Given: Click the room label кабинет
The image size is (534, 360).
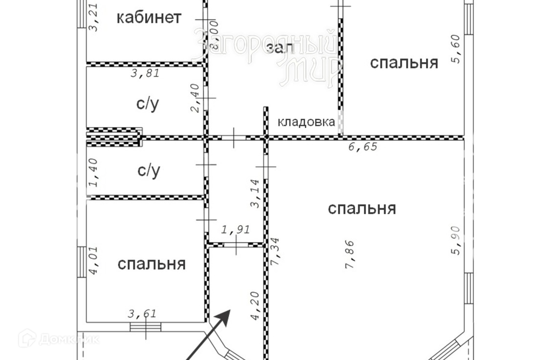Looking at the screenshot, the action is [149, 18].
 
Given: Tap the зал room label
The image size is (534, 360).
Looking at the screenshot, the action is [280, 47].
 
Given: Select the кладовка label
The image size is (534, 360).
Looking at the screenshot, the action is [306, 122].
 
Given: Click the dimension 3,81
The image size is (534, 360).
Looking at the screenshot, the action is [145, 74].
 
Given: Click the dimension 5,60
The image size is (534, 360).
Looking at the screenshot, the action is [456, 52].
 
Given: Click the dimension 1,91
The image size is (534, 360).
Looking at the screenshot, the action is [236, 229].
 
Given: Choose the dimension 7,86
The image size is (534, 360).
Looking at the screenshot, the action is [349, 254].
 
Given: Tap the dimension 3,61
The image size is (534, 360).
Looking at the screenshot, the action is [142, 314].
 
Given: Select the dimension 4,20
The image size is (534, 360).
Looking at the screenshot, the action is [255, 307].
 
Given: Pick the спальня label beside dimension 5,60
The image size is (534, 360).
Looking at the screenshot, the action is [404, 63].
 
